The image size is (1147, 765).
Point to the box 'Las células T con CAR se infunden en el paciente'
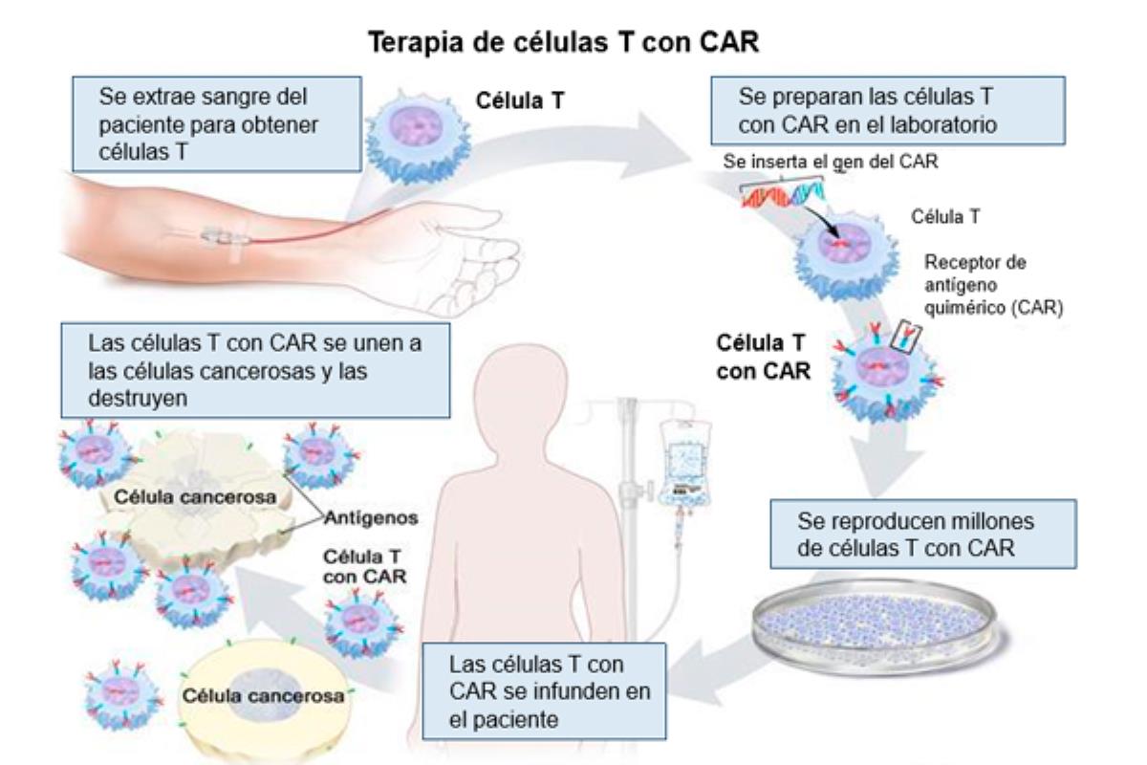[544, 689]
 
